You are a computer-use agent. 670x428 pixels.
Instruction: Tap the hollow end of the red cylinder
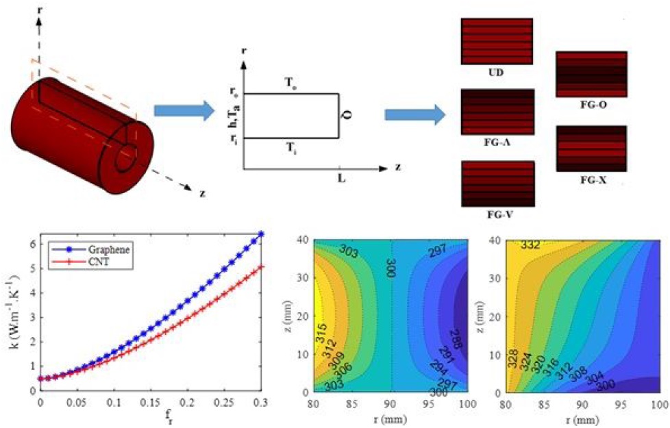[x=127, y=157]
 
